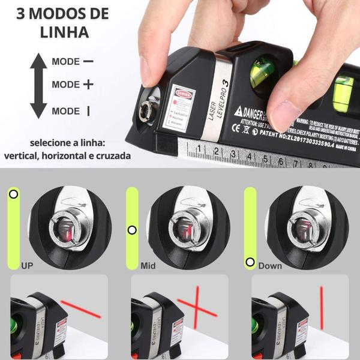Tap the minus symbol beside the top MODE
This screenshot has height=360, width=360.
[x=88, y=61]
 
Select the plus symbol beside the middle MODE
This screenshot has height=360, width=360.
[x=88, y=85]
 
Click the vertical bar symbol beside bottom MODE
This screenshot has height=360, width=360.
[x=88, y=110]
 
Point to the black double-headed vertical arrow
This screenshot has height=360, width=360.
[x=38, y=85]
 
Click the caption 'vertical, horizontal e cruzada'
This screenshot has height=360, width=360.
[x=67, y=155]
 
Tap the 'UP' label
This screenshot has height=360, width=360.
[x=27, y=265]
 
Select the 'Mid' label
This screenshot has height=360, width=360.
[x=148, y=265]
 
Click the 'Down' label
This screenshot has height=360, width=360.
[x=269, y=265]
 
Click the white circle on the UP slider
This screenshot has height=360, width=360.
[x=14, y=194]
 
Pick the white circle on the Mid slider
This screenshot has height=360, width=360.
[x=132, y=230]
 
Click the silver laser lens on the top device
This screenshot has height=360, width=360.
[x=145, y=109]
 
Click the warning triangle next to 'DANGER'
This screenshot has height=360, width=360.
[x=238, y=112]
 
